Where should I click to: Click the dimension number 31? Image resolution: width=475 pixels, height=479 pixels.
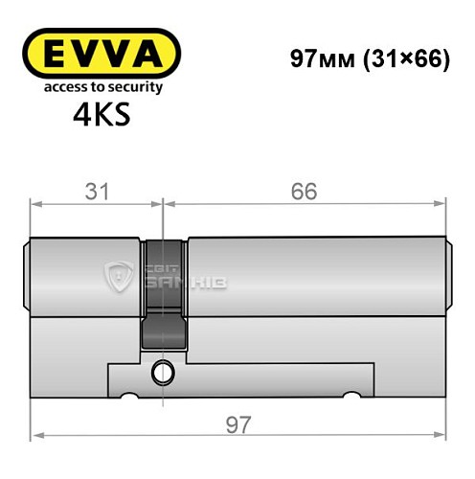click(94, 191)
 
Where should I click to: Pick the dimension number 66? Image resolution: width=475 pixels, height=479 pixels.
click(305, 191)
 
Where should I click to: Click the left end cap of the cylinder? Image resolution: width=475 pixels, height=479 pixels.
click(28, 278)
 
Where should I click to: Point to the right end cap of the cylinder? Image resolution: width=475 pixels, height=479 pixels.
click(446, 278)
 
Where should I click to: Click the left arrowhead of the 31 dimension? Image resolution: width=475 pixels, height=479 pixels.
click(35, 202)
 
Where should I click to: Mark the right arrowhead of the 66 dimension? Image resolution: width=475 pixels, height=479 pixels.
click(442, 202)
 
